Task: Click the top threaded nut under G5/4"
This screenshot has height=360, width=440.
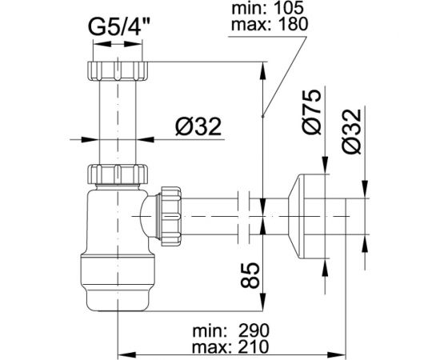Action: (x=117, y=65)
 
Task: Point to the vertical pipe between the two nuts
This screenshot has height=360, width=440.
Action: (x=117, y=120)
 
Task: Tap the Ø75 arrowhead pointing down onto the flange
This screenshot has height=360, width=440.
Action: (x=325, y=164)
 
